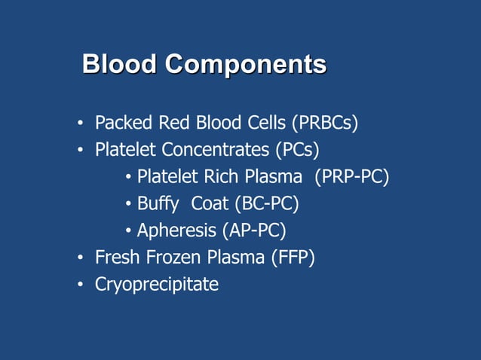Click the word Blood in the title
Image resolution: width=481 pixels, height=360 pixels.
pyautogui.click(x=120, y=64)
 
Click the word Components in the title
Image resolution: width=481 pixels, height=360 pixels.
pyautogui.click(x=246, y=65)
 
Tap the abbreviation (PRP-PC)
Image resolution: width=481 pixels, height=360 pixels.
pyautogui.click(x=351, y=177)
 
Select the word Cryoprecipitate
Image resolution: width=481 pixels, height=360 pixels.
pyautogui.click(x=156, y=285)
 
